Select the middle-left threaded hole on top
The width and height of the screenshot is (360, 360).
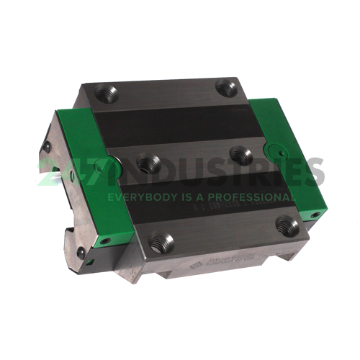point(149,164)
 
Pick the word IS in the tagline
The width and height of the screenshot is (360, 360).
point(184,197)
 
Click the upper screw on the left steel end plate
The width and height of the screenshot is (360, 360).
point(48,147)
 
